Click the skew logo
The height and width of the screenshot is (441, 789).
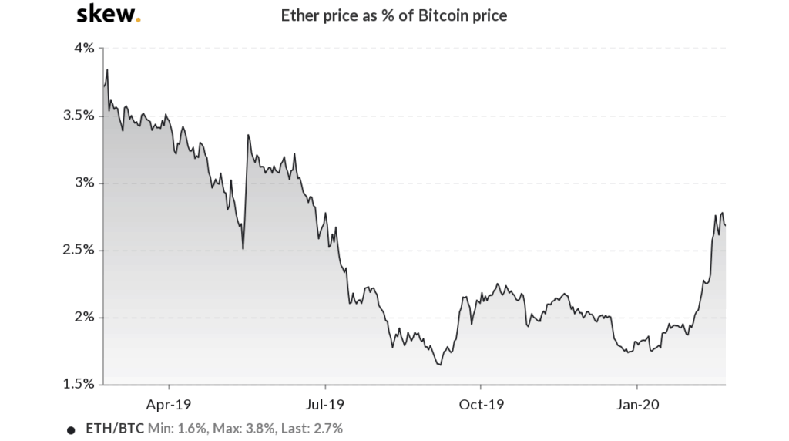pos(109,14)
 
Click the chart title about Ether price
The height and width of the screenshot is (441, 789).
pos(394,15)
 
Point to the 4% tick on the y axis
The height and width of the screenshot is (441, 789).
pos(84,48)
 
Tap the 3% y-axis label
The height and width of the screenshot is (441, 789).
pos(84,183)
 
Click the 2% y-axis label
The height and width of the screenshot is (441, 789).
pos(84,317)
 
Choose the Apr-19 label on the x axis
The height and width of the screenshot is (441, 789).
pos(168,404)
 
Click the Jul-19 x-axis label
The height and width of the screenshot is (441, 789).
pos(324,404)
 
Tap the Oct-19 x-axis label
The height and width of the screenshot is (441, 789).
pos(480,404)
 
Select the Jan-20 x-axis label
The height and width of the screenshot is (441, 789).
pos(637,404)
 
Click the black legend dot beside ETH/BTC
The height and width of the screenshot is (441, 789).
pos(72,429)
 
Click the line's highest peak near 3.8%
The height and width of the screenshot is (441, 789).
pos(107,70)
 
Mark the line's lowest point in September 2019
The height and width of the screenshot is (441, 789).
pos(440,365)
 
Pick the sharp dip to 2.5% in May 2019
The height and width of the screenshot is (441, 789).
pos(243,248)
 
